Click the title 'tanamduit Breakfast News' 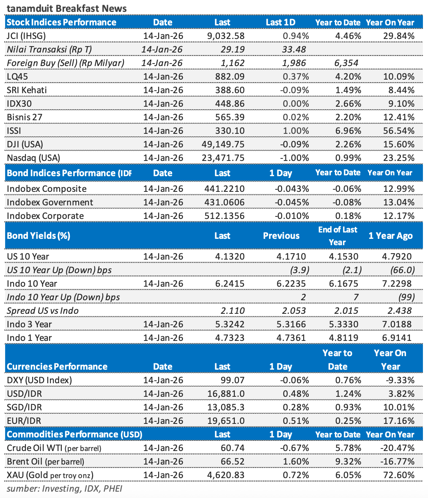(x=66, y=8)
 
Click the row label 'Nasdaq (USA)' (x=34, y=158)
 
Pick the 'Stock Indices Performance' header (x=62, y=22)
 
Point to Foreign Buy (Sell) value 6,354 (x=346, y=63)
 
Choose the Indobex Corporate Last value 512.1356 (x=223, y=216)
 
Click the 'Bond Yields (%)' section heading (x=38, y=235)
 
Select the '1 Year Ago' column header (x=390, y=235)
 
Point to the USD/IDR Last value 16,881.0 (x=225, y=394)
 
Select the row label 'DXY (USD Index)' (x=40, y=380)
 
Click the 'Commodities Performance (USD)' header (x=75, y=434)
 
